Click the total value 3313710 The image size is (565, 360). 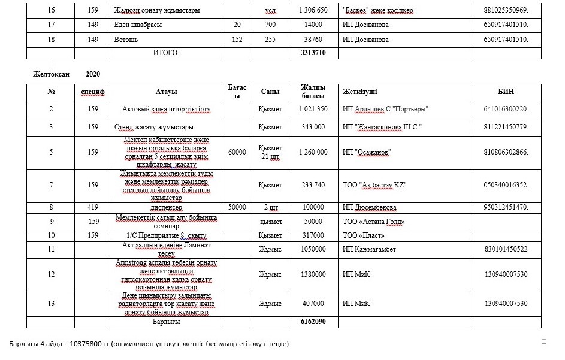313,53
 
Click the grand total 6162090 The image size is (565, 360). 313,322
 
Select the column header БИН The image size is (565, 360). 506,92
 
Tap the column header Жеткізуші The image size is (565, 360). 359,92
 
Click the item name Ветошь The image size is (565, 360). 126,40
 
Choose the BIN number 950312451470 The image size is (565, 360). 506,207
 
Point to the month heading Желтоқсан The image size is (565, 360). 51,74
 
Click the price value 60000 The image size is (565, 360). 237,152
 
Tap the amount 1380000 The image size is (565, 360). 313,274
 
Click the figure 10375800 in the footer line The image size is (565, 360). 90,344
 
